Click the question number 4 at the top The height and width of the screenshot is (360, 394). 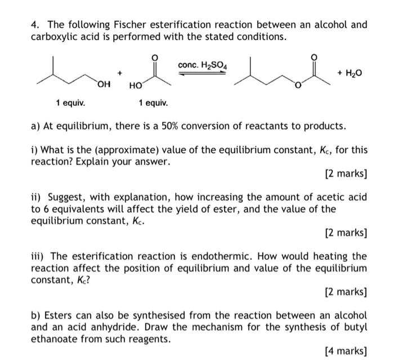[34, 24]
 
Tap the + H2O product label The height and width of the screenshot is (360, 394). [350, 73]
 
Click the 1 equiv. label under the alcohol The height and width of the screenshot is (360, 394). [70, 103]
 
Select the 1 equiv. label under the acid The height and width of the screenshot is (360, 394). [153, 103]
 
